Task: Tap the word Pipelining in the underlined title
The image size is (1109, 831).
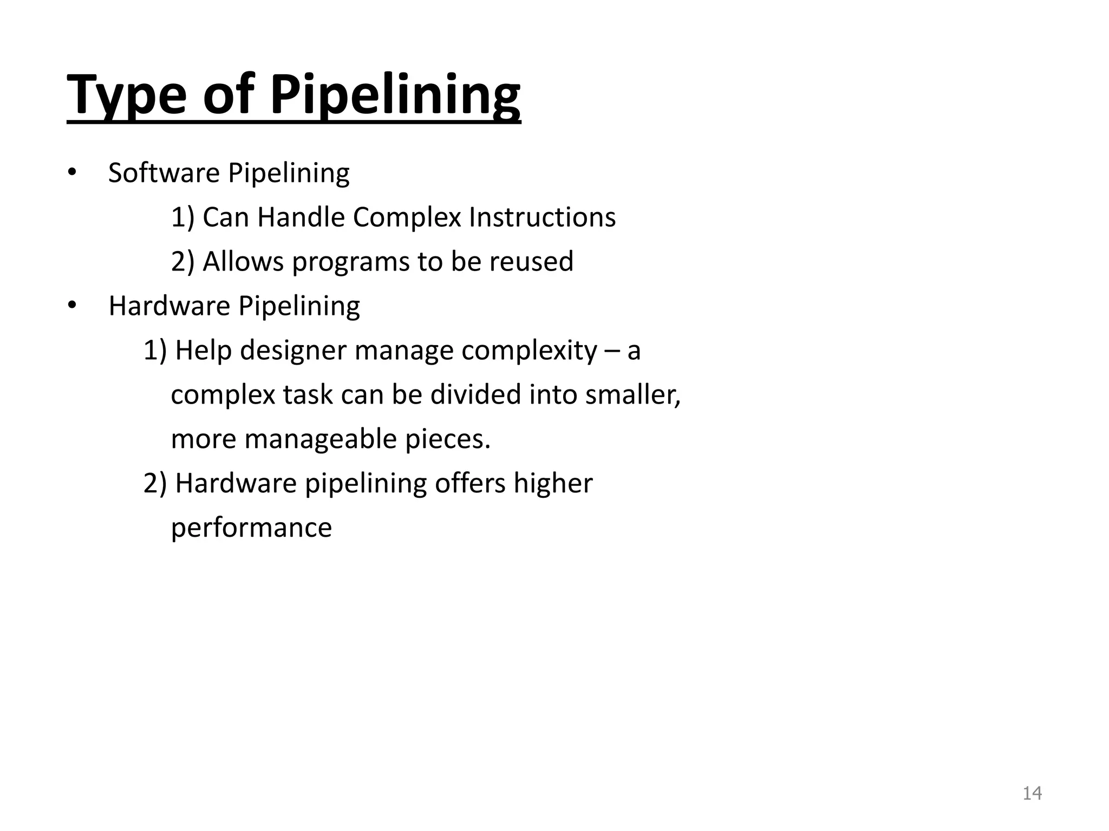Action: (x=395, y=95)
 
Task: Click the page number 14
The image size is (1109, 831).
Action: (x=1032, y=793)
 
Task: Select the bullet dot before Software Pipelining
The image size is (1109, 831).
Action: (x=73, y=173)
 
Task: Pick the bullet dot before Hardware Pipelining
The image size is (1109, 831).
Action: (x=73, y=306)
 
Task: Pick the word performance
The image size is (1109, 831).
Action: (x=251, y=528)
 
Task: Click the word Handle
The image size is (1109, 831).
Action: (x=301, y=217)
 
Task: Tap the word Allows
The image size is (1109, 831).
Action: (x=243, y=262)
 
